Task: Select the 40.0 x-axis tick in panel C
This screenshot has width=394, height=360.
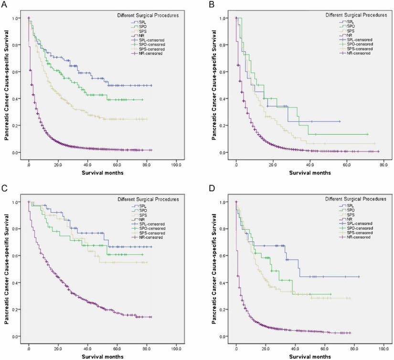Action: click(88, 346)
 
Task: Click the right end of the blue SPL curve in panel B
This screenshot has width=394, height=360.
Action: click(340, 122)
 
